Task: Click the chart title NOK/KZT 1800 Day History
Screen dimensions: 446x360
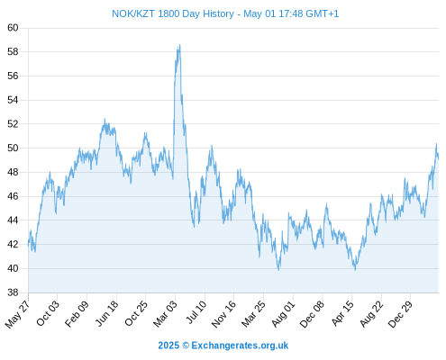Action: coord(173,13)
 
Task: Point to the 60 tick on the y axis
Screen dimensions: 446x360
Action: coord(13,28)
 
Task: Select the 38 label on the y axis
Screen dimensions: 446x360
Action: coord(13,292)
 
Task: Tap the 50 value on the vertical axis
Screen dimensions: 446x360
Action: coord(13,148)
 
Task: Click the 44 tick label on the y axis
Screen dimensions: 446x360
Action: coord(13,220)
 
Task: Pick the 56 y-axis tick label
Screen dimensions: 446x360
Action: coord(13,76)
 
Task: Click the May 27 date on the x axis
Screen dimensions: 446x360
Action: coord(18,314)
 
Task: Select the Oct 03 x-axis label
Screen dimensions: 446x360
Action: coord(48,313)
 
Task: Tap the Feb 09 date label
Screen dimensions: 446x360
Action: coord(77,313)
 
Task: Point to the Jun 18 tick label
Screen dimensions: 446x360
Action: coord(107,313)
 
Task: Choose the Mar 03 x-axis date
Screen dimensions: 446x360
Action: coord(166,313)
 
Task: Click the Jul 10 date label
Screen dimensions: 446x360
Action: coord(196,312)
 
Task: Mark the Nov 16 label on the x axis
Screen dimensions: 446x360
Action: coord(223,314)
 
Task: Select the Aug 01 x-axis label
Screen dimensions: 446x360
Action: coord(283,314)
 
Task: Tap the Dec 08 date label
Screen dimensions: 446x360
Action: coord(312,314)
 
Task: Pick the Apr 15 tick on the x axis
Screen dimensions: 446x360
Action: coord(342,313)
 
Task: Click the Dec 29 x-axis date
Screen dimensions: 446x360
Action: coord(400,314)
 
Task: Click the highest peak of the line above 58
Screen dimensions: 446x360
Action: coord(180,45)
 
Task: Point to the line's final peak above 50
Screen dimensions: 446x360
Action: coord(436,144)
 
